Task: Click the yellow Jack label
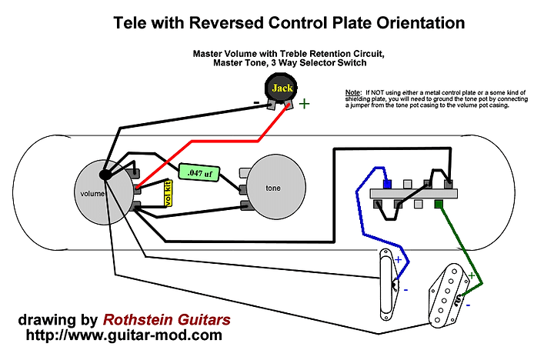284,89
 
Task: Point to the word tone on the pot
274,188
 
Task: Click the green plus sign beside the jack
305,104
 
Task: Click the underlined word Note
354,92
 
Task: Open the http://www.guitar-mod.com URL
125,336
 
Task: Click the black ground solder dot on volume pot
106,175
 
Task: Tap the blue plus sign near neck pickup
398,261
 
